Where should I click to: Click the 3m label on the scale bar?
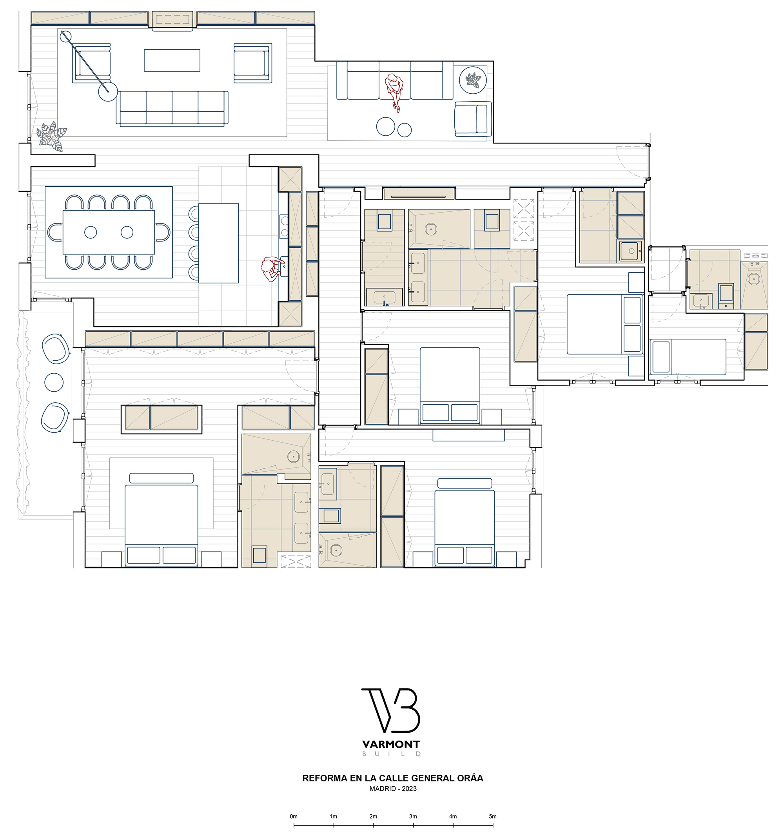(413, 816)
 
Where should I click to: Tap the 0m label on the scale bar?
(294, 816)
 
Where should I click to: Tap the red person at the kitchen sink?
(272, 269)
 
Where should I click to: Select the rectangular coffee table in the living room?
(172, 60)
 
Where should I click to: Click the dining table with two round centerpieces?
(109, 232)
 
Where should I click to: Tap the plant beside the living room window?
(52, 136)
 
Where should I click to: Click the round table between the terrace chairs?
(54, 383)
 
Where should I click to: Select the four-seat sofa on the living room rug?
(172, 108)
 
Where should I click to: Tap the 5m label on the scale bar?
(492, 816)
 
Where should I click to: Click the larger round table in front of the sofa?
(386, 126)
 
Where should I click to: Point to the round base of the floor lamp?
(107, 91)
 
